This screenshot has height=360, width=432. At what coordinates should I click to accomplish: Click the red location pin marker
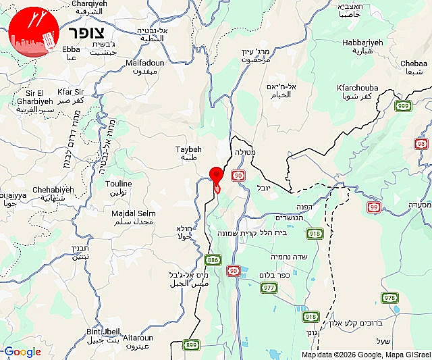(x=216, y=175)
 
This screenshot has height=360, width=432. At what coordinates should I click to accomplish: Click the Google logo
(x=22, y=352)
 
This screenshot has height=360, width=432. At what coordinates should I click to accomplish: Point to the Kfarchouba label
(x=358, y=88)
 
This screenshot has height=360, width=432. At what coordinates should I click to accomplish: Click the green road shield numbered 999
(x=404, y=106)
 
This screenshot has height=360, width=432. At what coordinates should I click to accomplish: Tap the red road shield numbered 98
(x=422, y=144)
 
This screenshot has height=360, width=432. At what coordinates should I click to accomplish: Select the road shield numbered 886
(x=213, y=259)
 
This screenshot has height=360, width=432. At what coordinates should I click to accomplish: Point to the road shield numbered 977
(x=268, y=288)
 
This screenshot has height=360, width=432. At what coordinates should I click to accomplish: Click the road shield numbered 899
(x=191, y=345)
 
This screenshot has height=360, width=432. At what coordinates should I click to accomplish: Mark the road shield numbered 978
(x=389, y=298)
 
